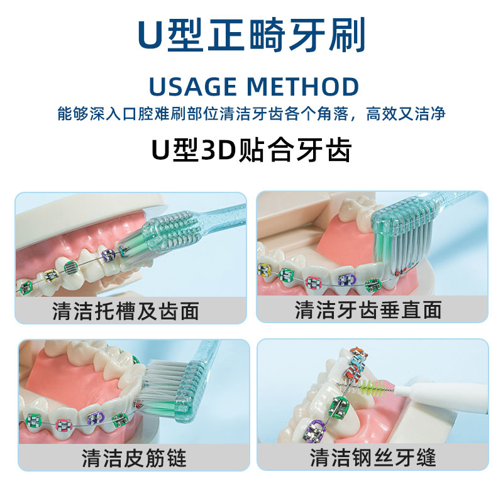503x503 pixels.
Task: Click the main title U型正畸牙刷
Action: [251, 36]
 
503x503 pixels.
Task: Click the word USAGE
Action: [193, 87]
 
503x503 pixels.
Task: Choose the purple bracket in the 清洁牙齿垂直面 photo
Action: [344, 280]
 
